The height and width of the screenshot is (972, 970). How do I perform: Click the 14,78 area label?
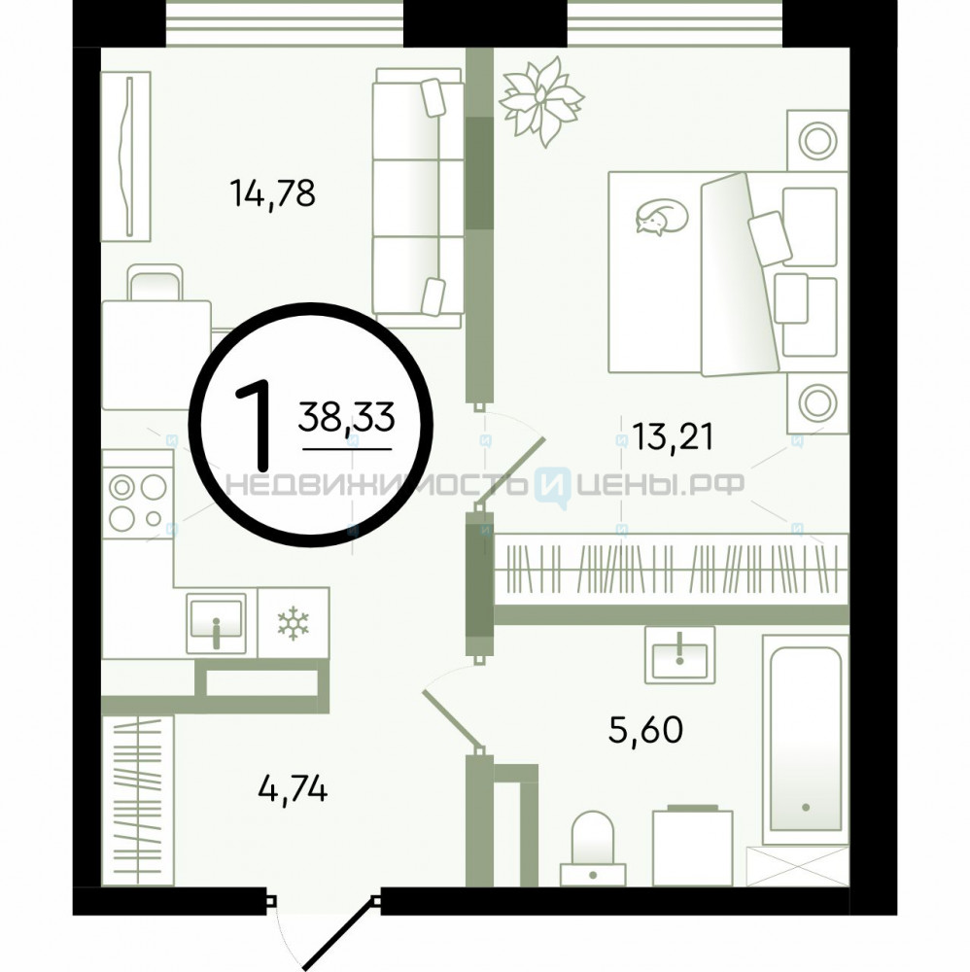pyautogui.click(x=272, y=192)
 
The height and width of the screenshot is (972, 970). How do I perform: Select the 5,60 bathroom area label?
pyautogui.click(x=645, y=729)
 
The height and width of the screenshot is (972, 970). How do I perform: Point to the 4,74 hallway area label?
pyautogui.click(x=293, y=789)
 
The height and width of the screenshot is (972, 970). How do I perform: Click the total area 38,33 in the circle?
pyautogui.click(x=346, y=416)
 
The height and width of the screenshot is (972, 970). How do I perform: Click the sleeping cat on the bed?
pyautogui.click(x=661, y=217)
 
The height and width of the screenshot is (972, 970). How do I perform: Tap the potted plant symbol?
pyautogui.click(x=541, y=101)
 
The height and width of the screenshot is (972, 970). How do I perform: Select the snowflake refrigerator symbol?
pyautogui.click(x=294, y=623)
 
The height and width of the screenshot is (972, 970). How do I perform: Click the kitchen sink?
pyautogui.click(x=216, y=622)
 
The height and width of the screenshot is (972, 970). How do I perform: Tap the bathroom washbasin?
pyautogui.click(x=680, y=654)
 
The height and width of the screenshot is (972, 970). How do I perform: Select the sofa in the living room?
pyautogui.click(x=418, y=197)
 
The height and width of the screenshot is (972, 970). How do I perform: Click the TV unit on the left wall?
pyautogui.click(x=125, y=156)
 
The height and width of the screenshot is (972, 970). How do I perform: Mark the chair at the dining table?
pyautogui.click(x=155, y=282)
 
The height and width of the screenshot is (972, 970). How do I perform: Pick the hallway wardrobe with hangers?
pyautogui.click(x=138, y=800)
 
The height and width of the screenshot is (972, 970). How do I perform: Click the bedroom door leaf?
pyautogui.click(x=512, y=470)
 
